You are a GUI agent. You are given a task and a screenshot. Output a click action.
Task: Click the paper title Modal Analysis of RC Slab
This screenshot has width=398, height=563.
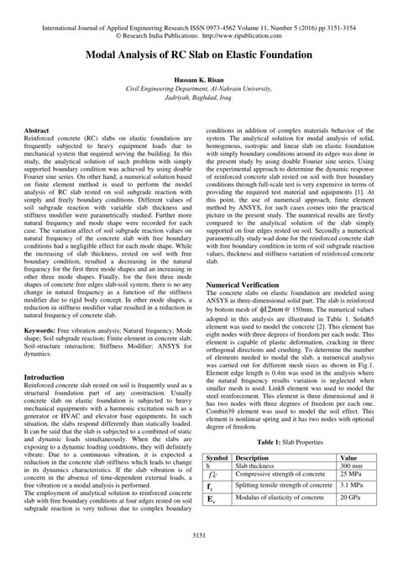point(199,54)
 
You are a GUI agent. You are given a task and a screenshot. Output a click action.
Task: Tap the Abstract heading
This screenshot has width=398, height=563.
point(37,132)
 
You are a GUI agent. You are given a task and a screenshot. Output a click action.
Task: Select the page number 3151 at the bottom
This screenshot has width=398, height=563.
point(199,535)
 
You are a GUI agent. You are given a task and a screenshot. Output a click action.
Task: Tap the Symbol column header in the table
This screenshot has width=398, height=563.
point(217,459)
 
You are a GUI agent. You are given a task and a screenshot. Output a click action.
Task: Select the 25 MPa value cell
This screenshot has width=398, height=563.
point(350,476)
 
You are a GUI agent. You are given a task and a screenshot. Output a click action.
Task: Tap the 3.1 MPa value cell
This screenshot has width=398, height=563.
point(351,487)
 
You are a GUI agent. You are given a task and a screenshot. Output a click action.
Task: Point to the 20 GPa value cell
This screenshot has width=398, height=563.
point(350,499)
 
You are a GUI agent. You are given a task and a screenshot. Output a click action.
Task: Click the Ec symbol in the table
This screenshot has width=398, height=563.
point(211,500)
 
